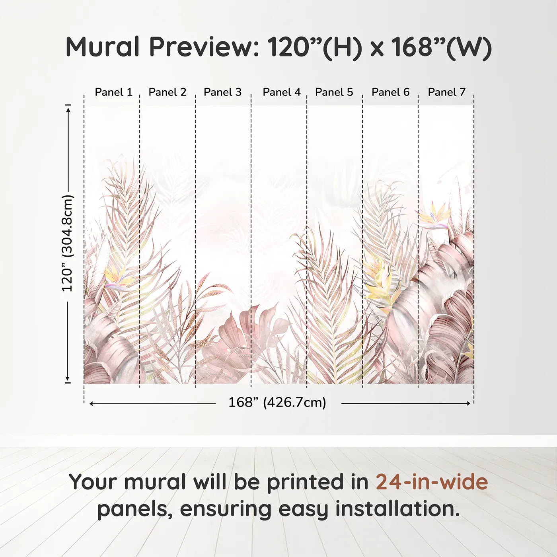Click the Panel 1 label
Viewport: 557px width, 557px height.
click(114, 92)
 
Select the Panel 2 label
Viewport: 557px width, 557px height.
click(167, 92)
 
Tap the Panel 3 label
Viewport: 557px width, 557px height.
click(222, 92)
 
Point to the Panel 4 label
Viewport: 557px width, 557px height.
click(282, 92)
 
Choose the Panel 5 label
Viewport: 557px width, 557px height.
click(334, 92)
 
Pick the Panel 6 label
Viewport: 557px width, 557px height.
click(391, 92)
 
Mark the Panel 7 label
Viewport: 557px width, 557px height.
click(446, 92)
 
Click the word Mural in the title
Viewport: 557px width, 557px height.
click(103, 47)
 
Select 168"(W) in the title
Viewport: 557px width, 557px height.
click(441, 48)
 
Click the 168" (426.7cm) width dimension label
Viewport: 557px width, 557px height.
click(277, 402)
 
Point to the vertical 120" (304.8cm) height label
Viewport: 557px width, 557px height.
click(68, 243)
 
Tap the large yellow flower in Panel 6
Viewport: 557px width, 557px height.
click(379, 286)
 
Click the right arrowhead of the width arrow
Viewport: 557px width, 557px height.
click(469, 403)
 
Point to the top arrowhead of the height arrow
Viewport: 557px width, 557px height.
click(68, 110)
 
